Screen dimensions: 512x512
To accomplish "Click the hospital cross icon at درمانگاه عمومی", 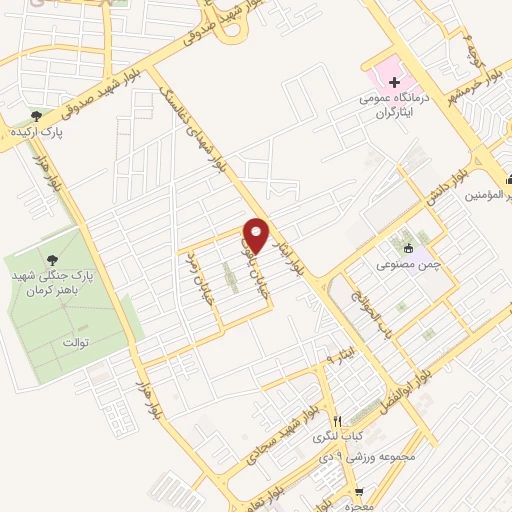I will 394,83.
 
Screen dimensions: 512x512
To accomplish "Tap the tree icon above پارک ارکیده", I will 37,116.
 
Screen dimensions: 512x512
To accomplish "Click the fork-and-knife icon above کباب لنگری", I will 338,421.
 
